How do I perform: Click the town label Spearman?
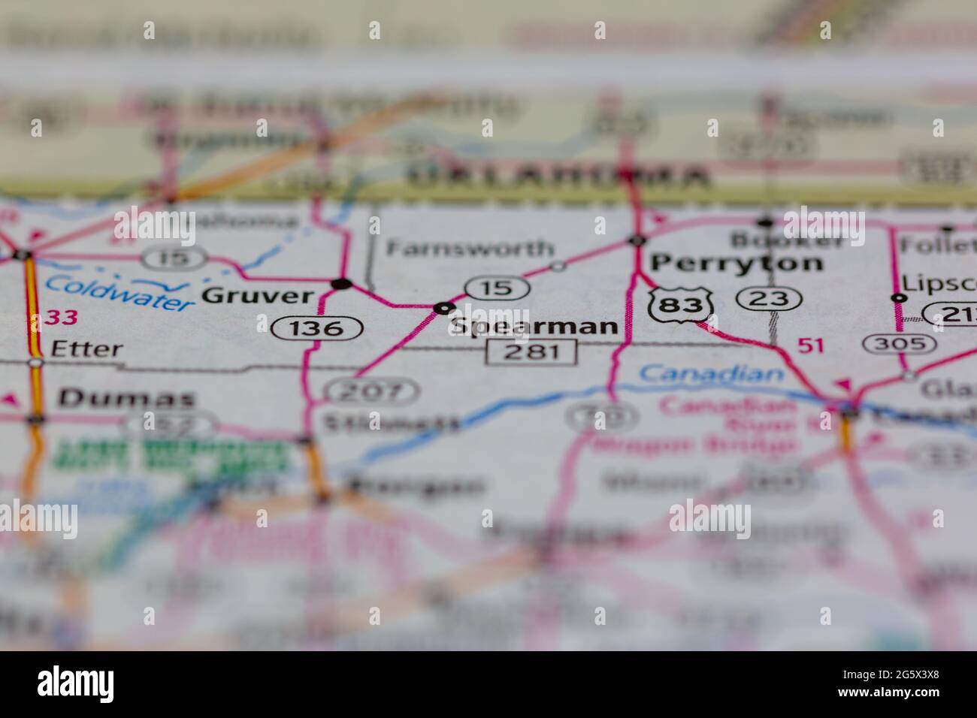(535, 327)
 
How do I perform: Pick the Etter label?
(86, 349)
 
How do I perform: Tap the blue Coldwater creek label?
(119, 292)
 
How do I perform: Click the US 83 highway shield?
(681, 304)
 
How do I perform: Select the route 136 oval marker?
(318, 327)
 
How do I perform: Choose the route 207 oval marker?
(371, 391)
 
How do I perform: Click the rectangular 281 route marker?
(532, 351)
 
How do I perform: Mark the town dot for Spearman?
(444, 307)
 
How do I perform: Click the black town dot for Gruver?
(342, 284)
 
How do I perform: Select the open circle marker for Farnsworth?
(558, 266)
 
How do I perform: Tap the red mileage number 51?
(811, 345)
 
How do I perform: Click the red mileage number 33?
(61, 318)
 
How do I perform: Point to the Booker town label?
(788, 240)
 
